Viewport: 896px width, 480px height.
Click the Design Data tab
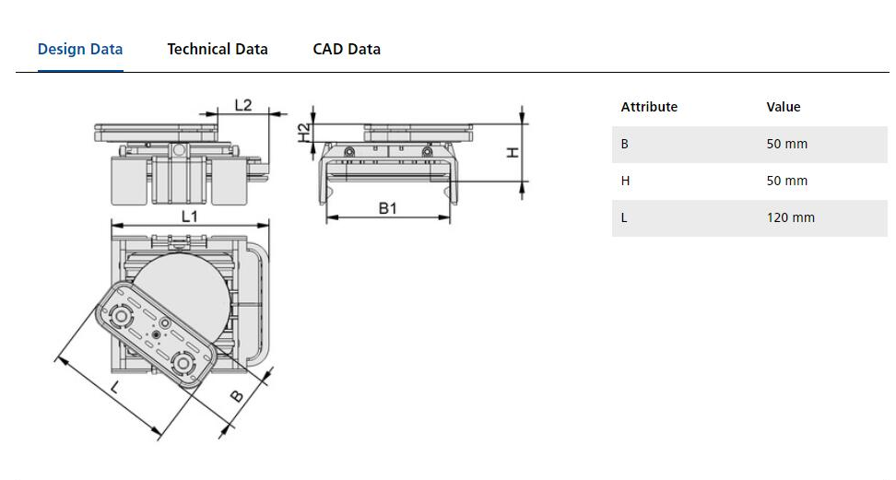[x=80, y=50]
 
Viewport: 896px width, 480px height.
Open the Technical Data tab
[x=218, y=50]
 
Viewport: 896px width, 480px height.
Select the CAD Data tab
[x=347, y=50]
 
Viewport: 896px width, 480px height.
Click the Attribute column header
[x=649, y=107]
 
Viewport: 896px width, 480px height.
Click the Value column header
[x=784, y=107]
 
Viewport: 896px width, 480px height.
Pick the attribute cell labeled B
[x=625, y=144]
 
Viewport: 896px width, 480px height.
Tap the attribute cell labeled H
[x=625, y=181]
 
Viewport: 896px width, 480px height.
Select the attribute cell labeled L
[x=624, y=217]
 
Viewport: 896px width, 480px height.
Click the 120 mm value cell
[x=791, y=217]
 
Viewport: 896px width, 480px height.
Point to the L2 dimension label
[x=243, y=105]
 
